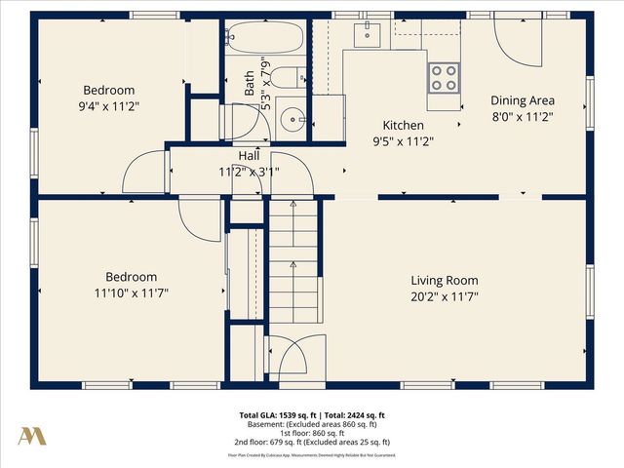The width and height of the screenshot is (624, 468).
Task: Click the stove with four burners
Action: point(444,77)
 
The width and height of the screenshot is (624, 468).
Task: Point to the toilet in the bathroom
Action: point(288,78)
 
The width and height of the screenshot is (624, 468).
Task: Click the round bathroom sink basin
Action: point(290,119)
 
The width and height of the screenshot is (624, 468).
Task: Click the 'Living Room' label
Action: point(445,280)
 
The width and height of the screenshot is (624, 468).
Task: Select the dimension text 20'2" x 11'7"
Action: point(445,296)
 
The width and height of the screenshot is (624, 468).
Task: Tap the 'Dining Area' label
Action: point(522,100)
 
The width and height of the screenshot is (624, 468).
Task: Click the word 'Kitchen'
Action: point(403,126)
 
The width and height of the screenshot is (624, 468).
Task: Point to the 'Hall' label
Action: point(249,156)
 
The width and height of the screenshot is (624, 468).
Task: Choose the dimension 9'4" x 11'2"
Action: point(108,107)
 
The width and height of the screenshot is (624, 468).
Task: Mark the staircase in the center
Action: point(292,263)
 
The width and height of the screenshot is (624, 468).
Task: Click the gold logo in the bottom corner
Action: point(31,436)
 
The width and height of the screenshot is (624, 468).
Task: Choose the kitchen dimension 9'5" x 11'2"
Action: point(403,141)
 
